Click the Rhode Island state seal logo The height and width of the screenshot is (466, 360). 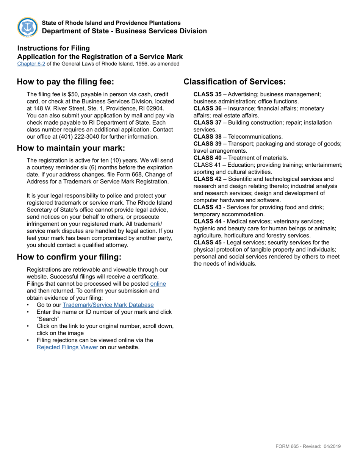[28, 27]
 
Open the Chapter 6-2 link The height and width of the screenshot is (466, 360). [31, 64]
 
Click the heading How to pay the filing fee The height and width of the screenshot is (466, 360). [65, 82]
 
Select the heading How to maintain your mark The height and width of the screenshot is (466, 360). [71, 148]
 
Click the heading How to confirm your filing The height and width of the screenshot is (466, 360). [69, 257]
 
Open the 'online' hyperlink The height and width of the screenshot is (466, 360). [158, 284]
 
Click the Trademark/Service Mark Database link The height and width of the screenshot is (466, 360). [108, 305]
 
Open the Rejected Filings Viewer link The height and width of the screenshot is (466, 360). [67, 347]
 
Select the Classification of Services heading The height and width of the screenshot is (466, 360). [235, 82]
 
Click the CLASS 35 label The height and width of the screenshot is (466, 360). [207, 94]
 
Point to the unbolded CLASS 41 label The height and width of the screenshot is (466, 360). [207, 165]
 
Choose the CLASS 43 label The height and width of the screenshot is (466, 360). [207, 207]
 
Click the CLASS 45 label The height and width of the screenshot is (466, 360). [207, 242]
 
